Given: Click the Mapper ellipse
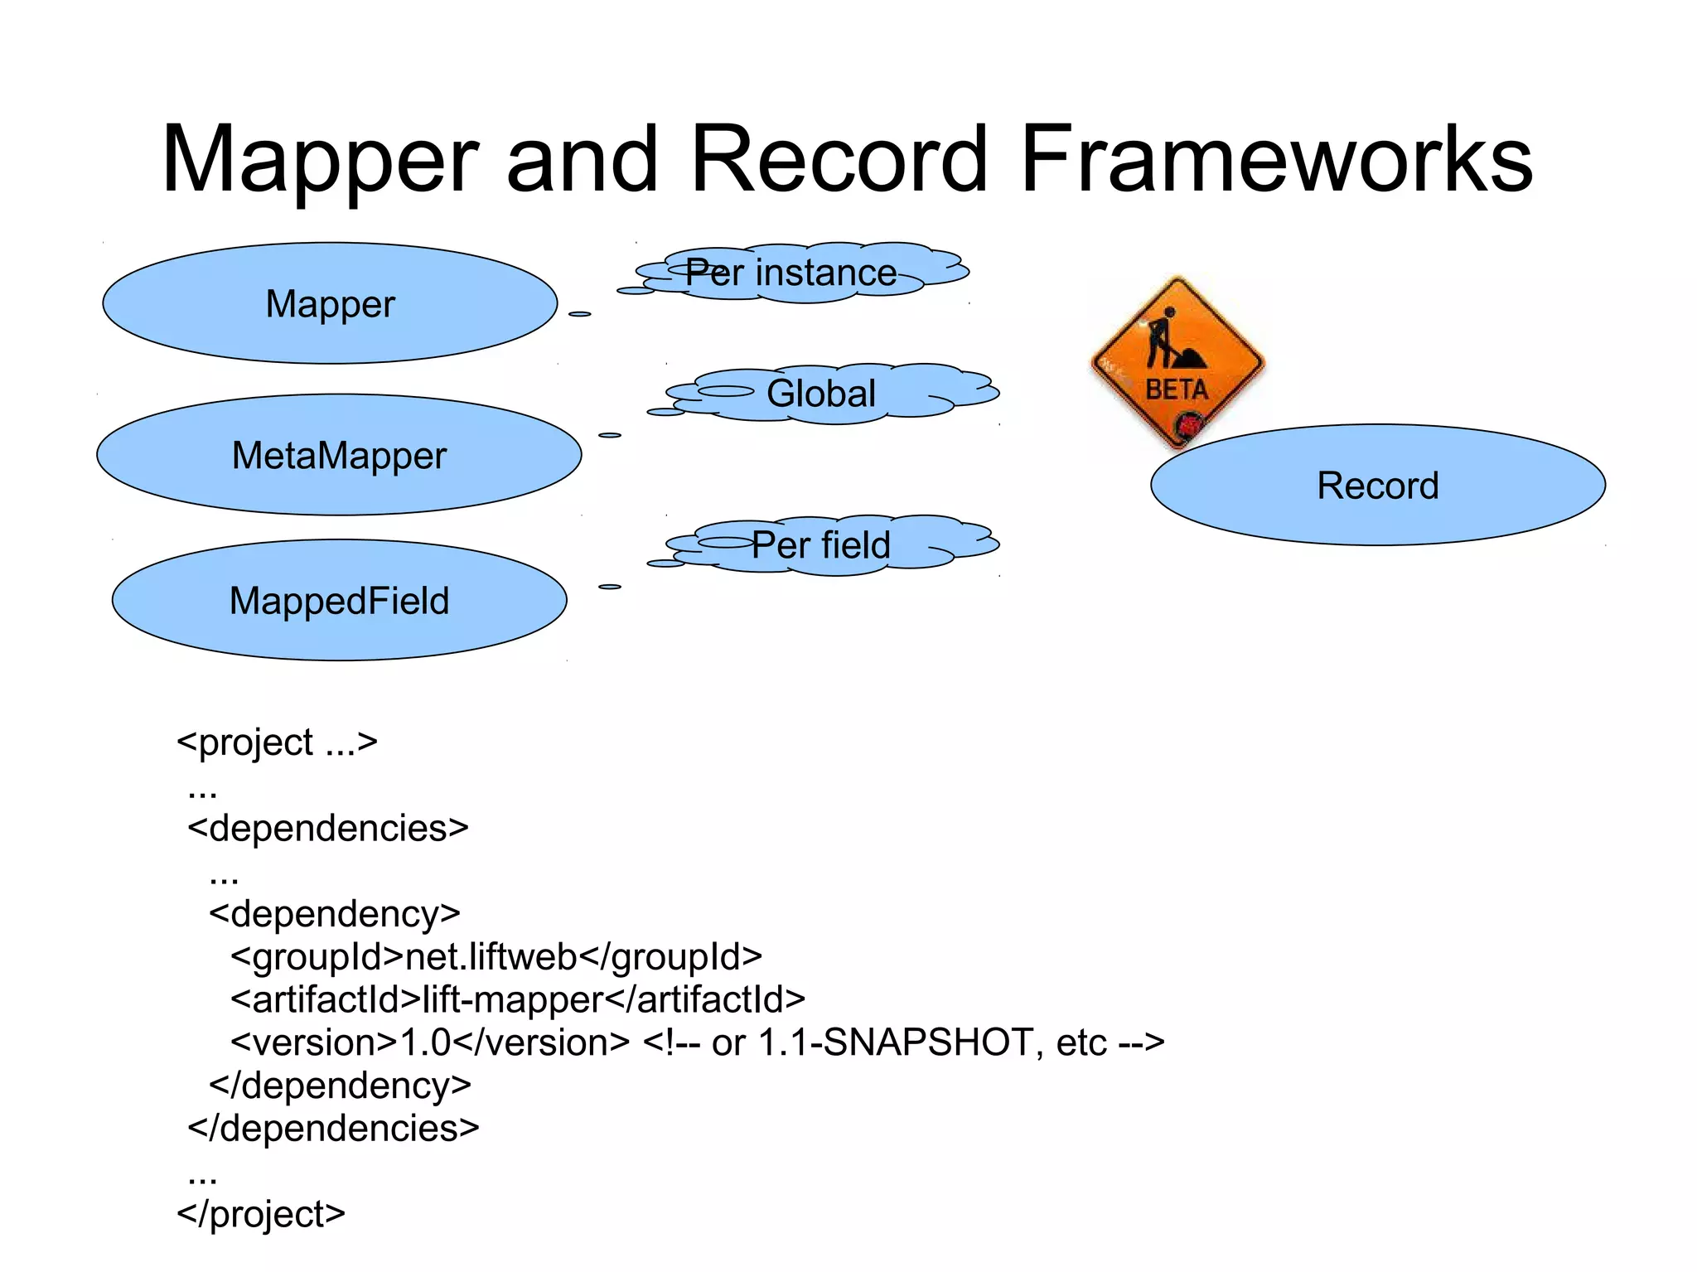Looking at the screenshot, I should click(x=330, y=303).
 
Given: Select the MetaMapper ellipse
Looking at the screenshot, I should click(x=339, y=455).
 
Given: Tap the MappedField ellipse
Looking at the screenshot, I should click(x=339, y=600).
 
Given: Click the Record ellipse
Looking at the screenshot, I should click(x=1377, y=485).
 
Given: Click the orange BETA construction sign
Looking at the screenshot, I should click(x=1177, y=361).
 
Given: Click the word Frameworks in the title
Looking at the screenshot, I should click(x=1276, y=159).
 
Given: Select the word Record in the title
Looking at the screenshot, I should click(x=839, y=159).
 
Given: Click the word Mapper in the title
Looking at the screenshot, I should click(x=320, y=159).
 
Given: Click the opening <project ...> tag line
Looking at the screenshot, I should click(x=277, y=742).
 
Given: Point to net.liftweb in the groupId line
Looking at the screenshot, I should click(x=491, y=956).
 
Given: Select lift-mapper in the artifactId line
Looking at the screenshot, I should click(x=513, y=999).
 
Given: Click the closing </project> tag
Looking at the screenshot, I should click(x=261, y=1213).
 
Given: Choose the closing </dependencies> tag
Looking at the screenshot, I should click(x=333, y=1128).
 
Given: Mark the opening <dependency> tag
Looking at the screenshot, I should click(x=334, y=913).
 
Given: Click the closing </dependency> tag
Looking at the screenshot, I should click(x=340, y=1085).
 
